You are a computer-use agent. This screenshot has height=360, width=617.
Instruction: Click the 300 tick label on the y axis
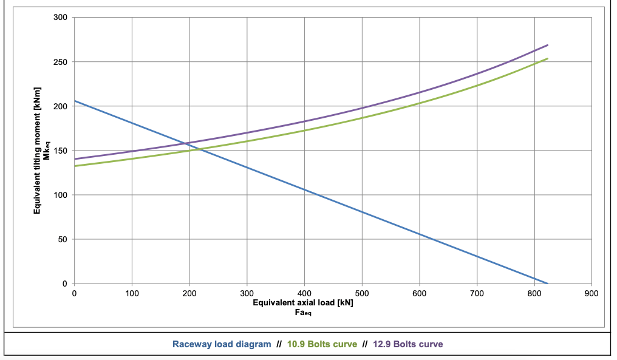coord(60,18)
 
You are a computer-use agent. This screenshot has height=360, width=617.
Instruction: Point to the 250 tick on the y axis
coord(60,62)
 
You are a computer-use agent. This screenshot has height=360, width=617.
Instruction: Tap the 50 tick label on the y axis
coord(63,239)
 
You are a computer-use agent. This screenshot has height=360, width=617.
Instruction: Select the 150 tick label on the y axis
coord(60,151)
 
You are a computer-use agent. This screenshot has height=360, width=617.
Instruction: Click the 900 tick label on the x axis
coord(591,293)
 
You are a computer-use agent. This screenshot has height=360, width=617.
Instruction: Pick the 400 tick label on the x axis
coord(304,293)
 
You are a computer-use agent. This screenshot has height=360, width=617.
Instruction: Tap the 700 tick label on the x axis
coord(477,293)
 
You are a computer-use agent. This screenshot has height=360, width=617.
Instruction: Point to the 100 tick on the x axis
coord(132,293)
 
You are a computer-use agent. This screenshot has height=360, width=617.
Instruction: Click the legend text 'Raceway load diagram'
coord(222,344)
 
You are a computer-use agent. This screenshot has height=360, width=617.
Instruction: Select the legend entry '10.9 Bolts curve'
coord(322,344)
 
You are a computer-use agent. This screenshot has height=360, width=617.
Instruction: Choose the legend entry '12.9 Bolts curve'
coord(408,344)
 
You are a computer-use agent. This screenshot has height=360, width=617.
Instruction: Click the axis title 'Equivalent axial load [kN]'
coord(303,302)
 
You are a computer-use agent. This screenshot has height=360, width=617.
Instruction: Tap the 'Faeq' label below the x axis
coord(303,313)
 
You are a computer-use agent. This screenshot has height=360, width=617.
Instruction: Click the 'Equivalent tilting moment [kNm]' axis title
coord(37,151)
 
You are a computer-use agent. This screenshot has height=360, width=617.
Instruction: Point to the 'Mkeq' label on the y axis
coord(46,151)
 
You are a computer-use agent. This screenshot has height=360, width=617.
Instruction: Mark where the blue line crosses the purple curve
coord(186,143)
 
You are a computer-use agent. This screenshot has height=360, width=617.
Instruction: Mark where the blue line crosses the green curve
coord(200,149)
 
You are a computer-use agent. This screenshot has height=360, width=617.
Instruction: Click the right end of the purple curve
coord(547,46)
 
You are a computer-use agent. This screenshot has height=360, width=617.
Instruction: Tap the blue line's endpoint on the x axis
coord(547,284)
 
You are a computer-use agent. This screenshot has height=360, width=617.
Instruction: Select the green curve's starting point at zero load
coord(75,166)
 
